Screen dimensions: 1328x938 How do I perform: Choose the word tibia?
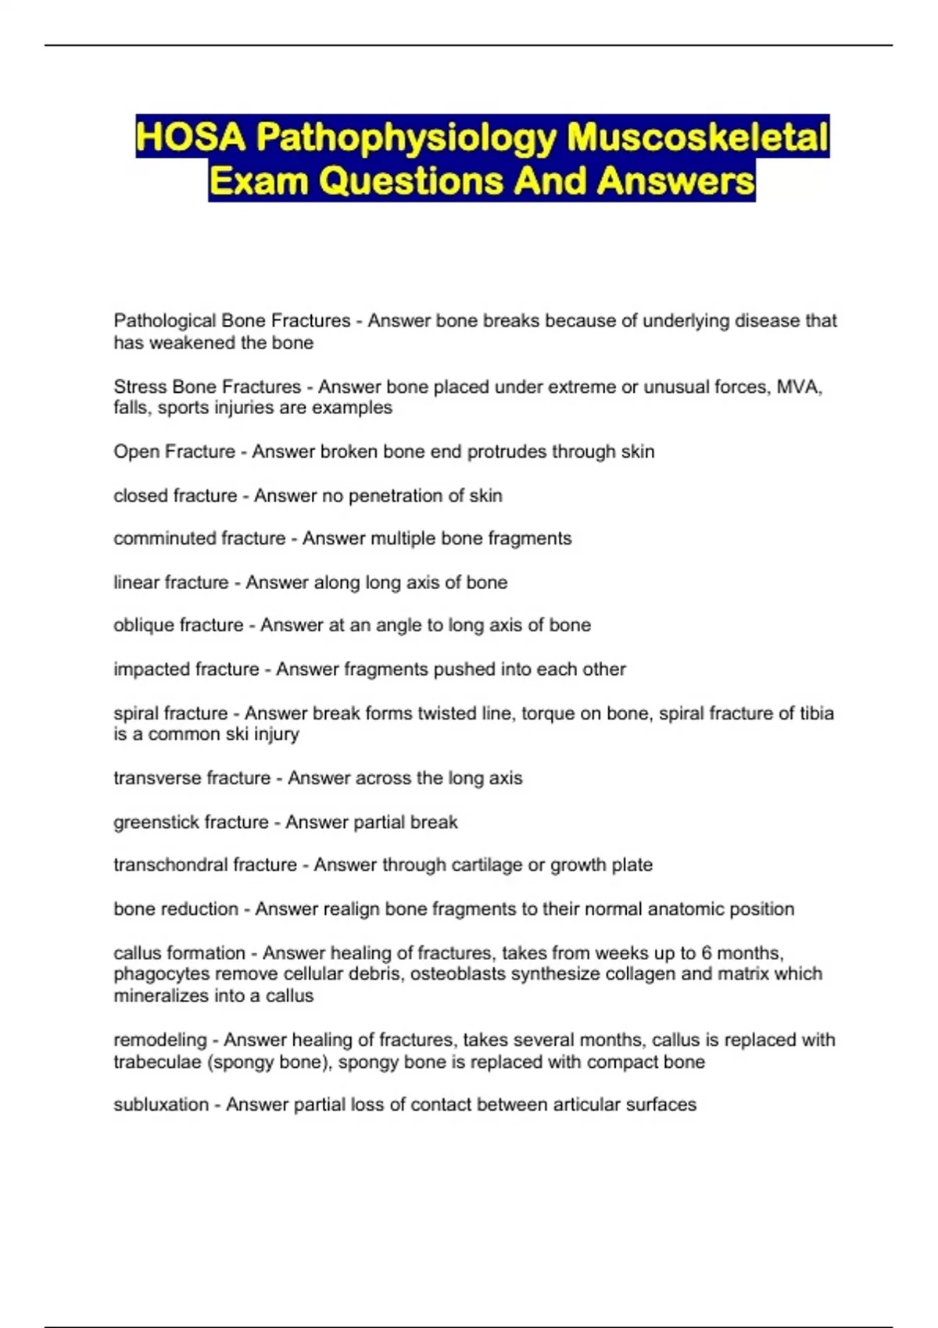click(x=816, y=713)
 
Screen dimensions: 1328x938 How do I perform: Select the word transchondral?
click(x=165, y=865)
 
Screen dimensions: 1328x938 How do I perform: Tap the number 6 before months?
click(x=707, y=953)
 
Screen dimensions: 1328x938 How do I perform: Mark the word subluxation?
click(x=161, y=1105)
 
